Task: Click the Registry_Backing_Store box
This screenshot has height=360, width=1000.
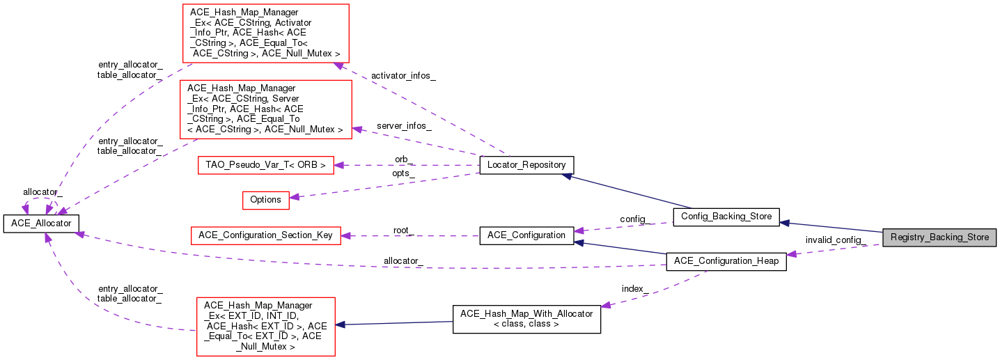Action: click(939, 237)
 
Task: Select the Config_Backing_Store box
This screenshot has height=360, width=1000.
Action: click(726, 216)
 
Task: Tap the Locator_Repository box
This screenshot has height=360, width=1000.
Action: click(527, 165)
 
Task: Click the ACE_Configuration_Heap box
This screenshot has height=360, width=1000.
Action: click(726, 262)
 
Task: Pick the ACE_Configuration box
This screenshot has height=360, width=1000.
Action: click(526, 235)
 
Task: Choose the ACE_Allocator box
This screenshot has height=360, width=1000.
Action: click(41, 223)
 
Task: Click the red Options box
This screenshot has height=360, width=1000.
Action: click(265, 199)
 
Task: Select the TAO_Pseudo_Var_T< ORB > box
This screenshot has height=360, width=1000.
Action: click(265, 165)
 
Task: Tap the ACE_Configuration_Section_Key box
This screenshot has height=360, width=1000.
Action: click(266, 235)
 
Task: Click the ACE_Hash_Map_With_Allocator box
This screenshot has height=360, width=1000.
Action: click(526, 319)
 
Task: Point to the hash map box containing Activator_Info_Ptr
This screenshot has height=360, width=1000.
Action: click(265, 33)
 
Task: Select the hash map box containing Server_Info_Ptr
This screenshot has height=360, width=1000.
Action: click(265, 109)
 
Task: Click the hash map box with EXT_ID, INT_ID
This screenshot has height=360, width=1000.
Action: click(265, 326)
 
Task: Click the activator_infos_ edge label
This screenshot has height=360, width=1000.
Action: click(404, 75)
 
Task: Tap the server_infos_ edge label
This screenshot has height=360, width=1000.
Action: click(404, 126)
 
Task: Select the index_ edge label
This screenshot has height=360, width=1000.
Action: click(635, 288)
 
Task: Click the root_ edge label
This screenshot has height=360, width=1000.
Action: click(403, 230)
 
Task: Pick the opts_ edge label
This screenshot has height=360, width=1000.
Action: click(404, 172)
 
